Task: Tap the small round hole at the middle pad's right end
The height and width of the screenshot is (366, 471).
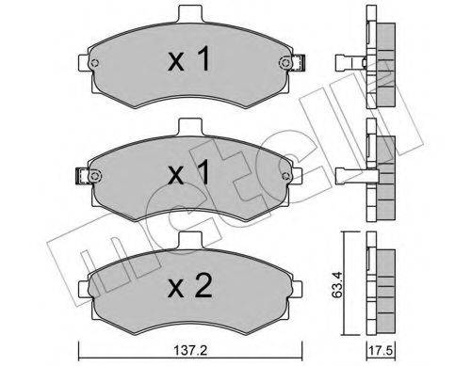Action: (284, 174)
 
